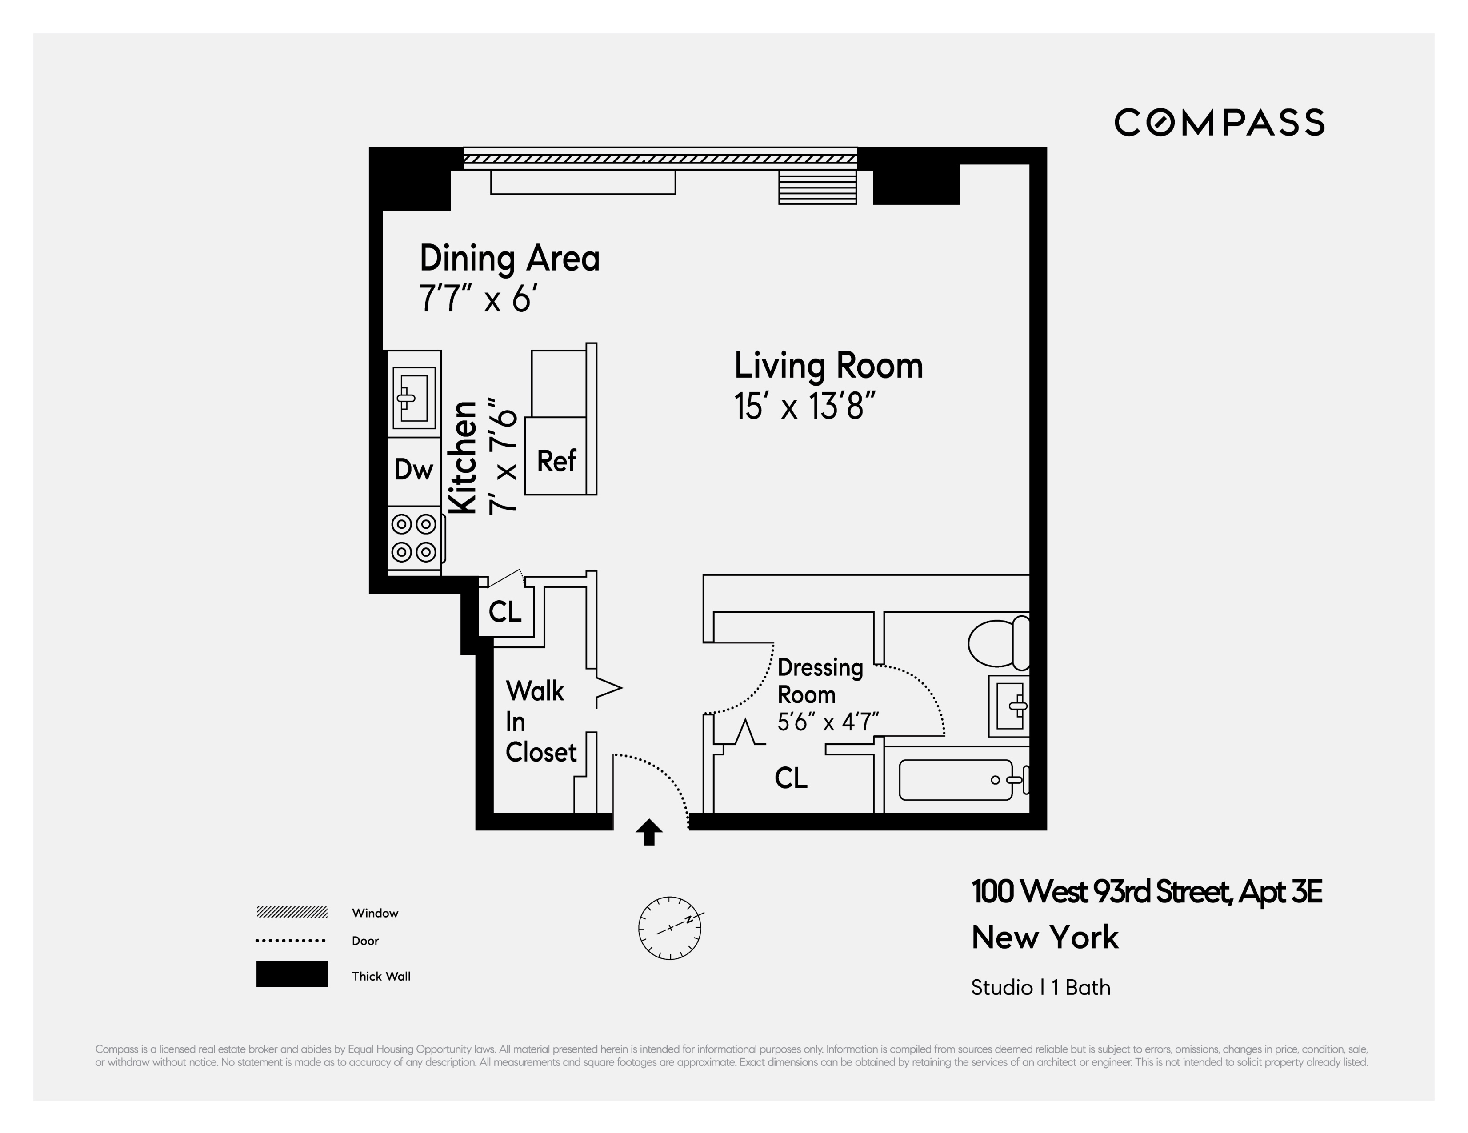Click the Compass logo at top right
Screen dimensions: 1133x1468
tap(1219, 122)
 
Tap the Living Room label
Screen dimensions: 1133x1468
tap(828, 366)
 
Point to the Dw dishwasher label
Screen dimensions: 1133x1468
tap(413, 470)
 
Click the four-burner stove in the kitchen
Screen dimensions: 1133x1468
tap(414, 538)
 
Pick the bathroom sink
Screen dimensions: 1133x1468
tap(1009, 706)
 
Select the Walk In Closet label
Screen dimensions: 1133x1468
tap(540, 722)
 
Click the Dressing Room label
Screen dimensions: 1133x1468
tap(820, 681)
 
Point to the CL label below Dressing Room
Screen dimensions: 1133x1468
tap(791, 778)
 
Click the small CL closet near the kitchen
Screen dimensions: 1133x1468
tap(505, 611)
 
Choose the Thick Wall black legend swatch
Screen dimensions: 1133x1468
tap(292, 974)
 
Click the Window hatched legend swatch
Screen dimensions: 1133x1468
tap(292, 912)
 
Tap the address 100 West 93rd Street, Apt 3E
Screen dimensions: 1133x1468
tap(1147, 892)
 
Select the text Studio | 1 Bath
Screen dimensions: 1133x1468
tap(1040, 987)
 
